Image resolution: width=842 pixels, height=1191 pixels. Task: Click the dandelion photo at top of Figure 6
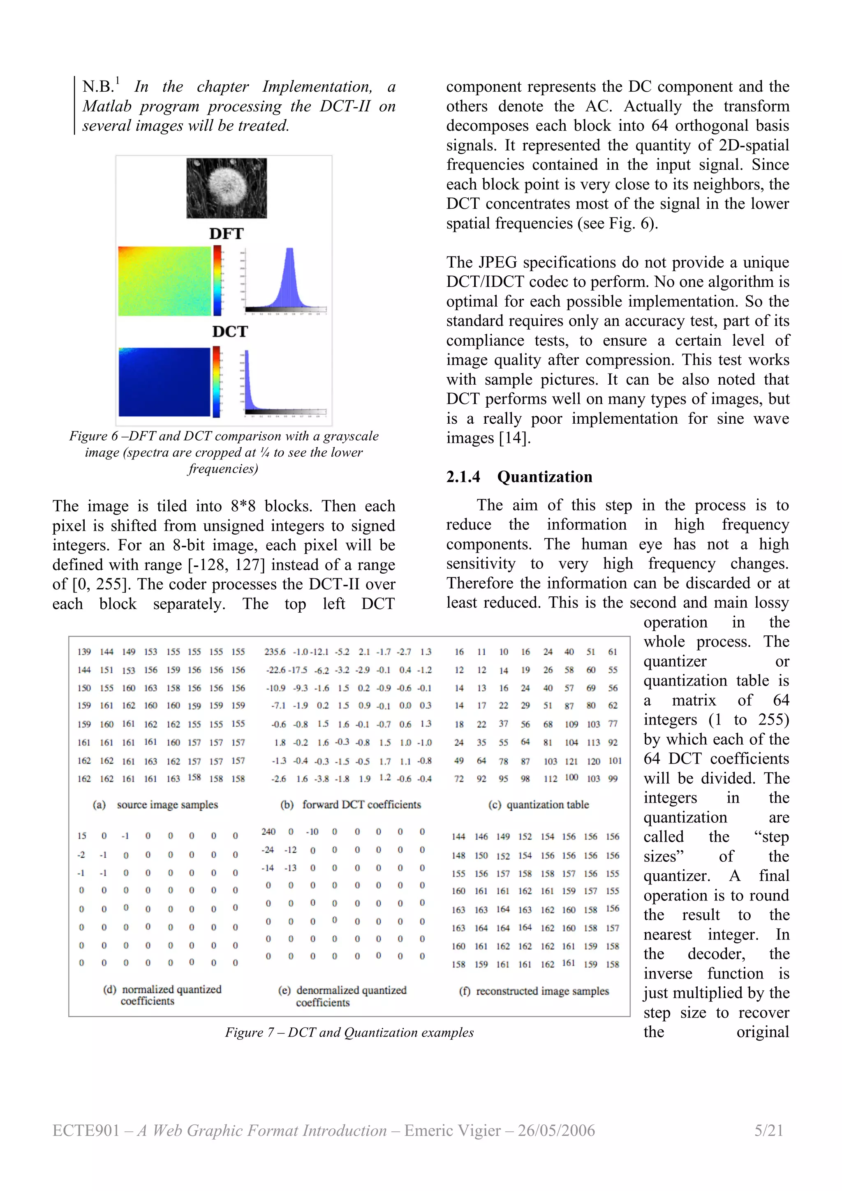tap(227, 188)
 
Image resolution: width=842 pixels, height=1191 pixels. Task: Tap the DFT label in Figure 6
tap(226, 234)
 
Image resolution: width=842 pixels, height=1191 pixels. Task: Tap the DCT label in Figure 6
tap(230, 332)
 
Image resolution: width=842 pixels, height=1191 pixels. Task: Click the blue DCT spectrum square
tap(164, 382)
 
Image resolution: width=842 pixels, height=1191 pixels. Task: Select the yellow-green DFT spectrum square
tap(164, 281)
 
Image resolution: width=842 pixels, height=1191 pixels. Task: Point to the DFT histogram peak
tap(289, 252)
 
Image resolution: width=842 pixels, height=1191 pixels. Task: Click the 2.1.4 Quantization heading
tap(519, 477)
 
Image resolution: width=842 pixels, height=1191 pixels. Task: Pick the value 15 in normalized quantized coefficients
tap(82, 836)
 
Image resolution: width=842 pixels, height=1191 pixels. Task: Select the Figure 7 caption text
tap(349, 1032)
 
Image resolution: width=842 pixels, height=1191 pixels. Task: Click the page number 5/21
tap(768, 1130)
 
